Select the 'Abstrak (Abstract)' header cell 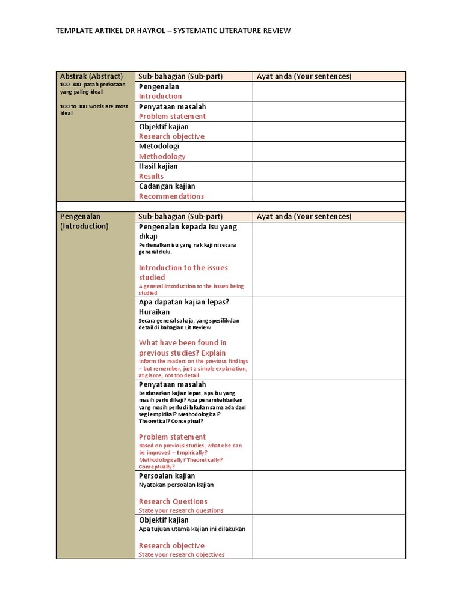[91, 76]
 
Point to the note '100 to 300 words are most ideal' [94, 109]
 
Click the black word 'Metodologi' [159, 146]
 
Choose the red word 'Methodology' [162, 156]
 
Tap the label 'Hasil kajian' [158, 166]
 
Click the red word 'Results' [151, 176]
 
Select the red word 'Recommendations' [171, 196]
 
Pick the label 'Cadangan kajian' [167, 186]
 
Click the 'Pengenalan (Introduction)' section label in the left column [84, 221]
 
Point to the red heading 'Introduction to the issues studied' [183, 273]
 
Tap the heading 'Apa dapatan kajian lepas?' [184, 302]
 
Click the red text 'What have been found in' [182, 342]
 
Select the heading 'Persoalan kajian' [167, 476]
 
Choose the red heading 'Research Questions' [173, 501]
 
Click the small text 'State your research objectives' [182, 554]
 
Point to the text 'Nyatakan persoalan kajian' [176, 485]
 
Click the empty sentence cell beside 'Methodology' [328, 151]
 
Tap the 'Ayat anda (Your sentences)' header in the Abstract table [304, 76]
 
